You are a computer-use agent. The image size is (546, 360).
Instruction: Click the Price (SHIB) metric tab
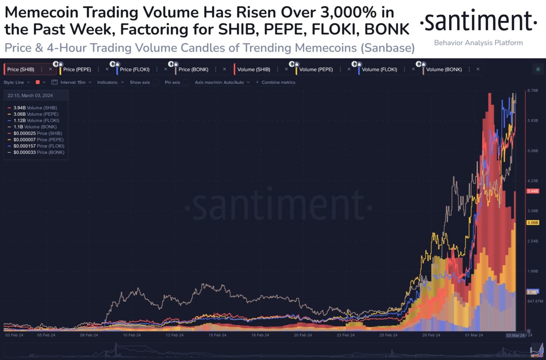pos(21,69)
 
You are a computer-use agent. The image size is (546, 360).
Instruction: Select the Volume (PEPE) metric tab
pos(316,69)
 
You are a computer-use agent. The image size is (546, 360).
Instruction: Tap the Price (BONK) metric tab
pos(193,69)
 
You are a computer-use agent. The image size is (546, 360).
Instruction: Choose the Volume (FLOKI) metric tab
pos(379,69)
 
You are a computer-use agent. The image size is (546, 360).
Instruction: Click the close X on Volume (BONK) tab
pos(478,69)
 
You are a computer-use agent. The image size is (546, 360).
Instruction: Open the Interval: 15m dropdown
pos(73,82)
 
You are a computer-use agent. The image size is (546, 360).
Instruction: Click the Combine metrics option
pos(278,82)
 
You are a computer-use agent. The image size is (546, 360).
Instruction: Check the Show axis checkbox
pos(155,82)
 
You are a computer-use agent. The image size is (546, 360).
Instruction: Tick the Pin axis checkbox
pos(186,82)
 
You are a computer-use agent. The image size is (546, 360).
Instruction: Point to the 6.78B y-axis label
pos(532,90)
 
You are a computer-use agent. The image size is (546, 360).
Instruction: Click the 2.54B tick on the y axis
pos(532,241)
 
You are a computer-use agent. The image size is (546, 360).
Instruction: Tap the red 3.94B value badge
pos(532,191)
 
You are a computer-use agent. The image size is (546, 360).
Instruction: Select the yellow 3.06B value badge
pos(532,223)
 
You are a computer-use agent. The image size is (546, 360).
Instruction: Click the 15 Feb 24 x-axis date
pos(217,335)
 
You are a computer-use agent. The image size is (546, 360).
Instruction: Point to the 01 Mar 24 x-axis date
pos(474,335)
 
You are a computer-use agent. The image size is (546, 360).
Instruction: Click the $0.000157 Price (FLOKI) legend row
pos(39,146)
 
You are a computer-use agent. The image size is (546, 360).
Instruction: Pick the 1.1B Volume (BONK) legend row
pos(35,127)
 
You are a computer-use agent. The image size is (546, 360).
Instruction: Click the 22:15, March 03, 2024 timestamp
pos(30,95)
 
